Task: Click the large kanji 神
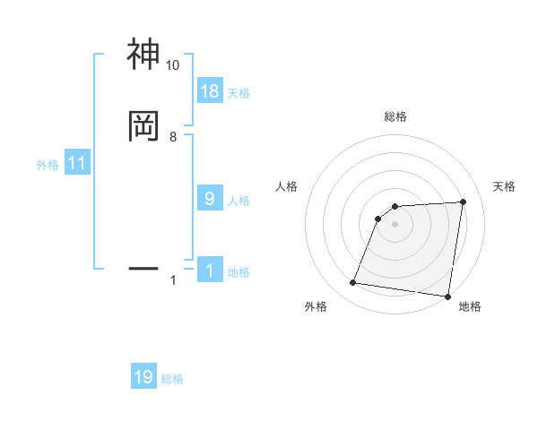click(x=143, y=55)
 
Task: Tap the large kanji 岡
click(x=143, y=126)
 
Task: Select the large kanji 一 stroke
click(x=143, y=267)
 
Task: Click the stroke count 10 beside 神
click(x=172, y=65)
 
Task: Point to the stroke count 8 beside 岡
click(x=172, y=137)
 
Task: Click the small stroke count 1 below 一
click(x=172, y=280)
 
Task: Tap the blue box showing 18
click(x=209, y=91)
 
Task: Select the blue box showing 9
click(x=209, y=200)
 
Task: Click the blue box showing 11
click(x=77, y=164)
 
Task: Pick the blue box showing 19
click(x=143, y=377)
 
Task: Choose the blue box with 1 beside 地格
click(x=209, y=271)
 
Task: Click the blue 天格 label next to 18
click(x=239, y=92)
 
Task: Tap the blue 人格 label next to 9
click(x=239, y=201)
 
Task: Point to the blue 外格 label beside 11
click(x=48, y=165)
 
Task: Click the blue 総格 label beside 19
click(x=172, y=379)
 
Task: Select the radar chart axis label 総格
click(x=395, y=117)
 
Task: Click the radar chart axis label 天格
click(x=505, y=186)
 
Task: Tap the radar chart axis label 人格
click(x=286, y=186)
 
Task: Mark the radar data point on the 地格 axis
click(x=447, y=296)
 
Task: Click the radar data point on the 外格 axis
click(x=352, y=283)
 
